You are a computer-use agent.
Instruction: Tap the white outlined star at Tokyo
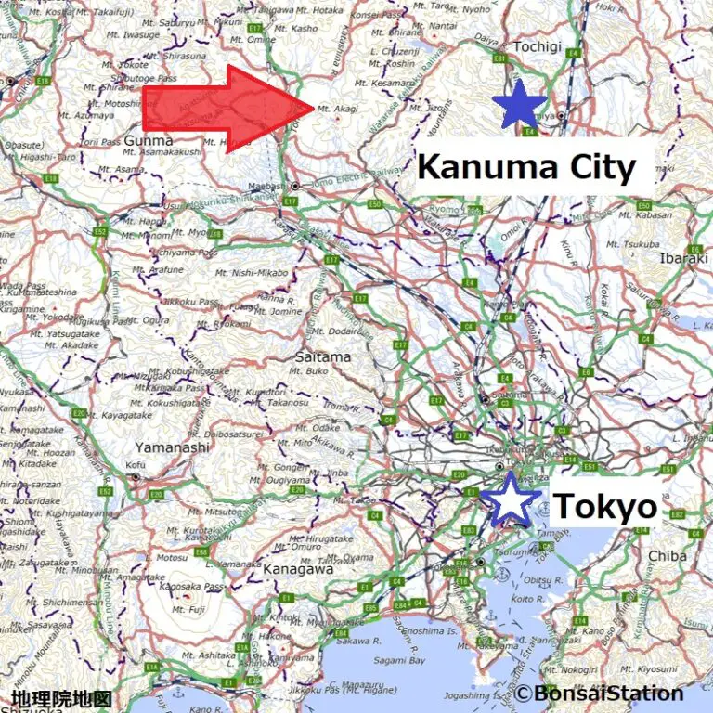[x=511, y=499]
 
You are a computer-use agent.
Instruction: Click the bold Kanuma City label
[x=526, y=168]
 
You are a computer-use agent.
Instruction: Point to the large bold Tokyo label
[x=604, y=507]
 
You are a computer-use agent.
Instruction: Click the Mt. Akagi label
[x=337, y=109]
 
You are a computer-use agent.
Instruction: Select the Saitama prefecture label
[x=322, y=356]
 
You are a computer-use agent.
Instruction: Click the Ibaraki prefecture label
[x=683, y=258]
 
